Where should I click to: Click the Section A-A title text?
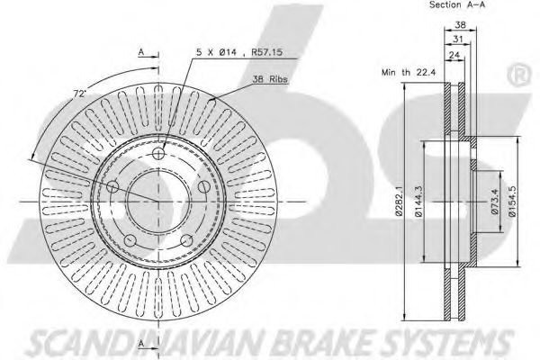[x=457, y=4]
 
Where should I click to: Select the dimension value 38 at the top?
[x=461, y=24]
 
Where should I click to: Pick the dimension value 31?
[x=458, y=40]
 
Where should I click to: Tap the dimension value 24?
[x=454, y=54]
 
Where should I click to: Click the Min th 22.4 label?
[x=409, y=72]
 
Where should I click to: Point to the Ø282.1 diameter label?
[x=399, y=201]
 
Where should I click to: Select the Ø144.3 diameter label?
[x=418, y=201]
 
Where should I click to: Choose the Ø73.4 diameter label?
[x=495, y=201]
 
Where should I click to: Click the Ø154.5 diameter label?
[x=513, y=202]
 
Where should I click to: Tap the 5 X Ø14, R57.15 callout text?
[x=239, y=52]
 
